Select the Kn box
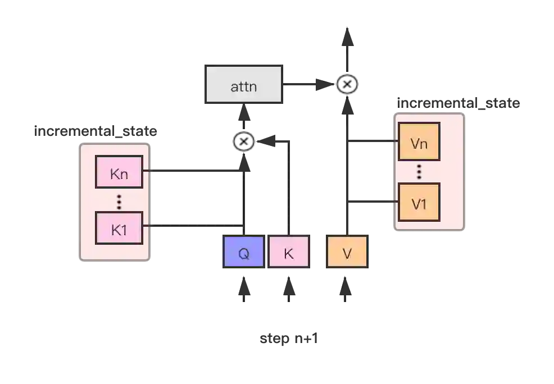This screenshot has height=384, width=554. pyautogui.click(x=119, y=173)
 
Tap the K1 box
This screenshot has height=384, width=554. pyautogui.click(x=119, y=228)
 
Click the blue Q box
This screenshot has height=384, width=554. pyautogui.click(x=243, y=253)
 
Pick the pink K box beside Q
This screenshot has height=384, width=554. pyautogui.click(x=288, y=253)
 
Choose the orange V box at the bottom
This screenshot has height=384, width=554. pyautogui.click(x=347, y=253)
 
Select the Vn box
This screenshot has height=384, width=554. pyautogui.click(x=419, y=143)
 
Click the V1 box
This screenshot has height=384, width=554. pyautogui.click(x=419, y=203)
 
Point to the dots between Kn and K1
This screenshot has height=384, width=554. pyautogui.click(x=119, y=201)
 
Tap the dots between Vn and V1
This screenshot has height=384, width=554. pyautogui.click(x=419, y=172)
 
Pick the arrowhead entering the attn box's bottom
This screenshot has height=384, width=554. pyautogui.click(x=244, y=115)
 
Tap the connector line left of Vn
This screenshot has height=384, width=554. pyautogui.click(x=373, y=143)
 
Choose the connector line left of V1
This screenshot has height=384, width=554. pyautogui.click(x=373, y=199)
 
